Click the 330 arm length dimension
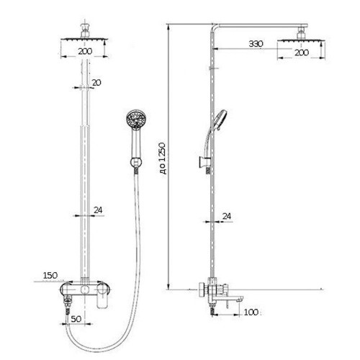(x=256, y=44)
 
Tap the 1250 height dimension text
(x=163, y=158)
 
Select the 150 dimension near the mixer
(x=50, y=275)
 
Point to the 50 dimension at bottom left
(x=76, y=319)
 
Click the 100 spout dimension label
(x=251, y=312)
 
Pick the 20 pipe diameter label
(x=96, y=83)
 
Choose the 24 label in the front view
(x=98, y=210)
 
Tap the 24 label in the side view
(x=227, y=216)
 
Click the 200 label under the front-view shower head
(x=86, y=51)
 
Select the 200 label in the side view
(x=302, y=53)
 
